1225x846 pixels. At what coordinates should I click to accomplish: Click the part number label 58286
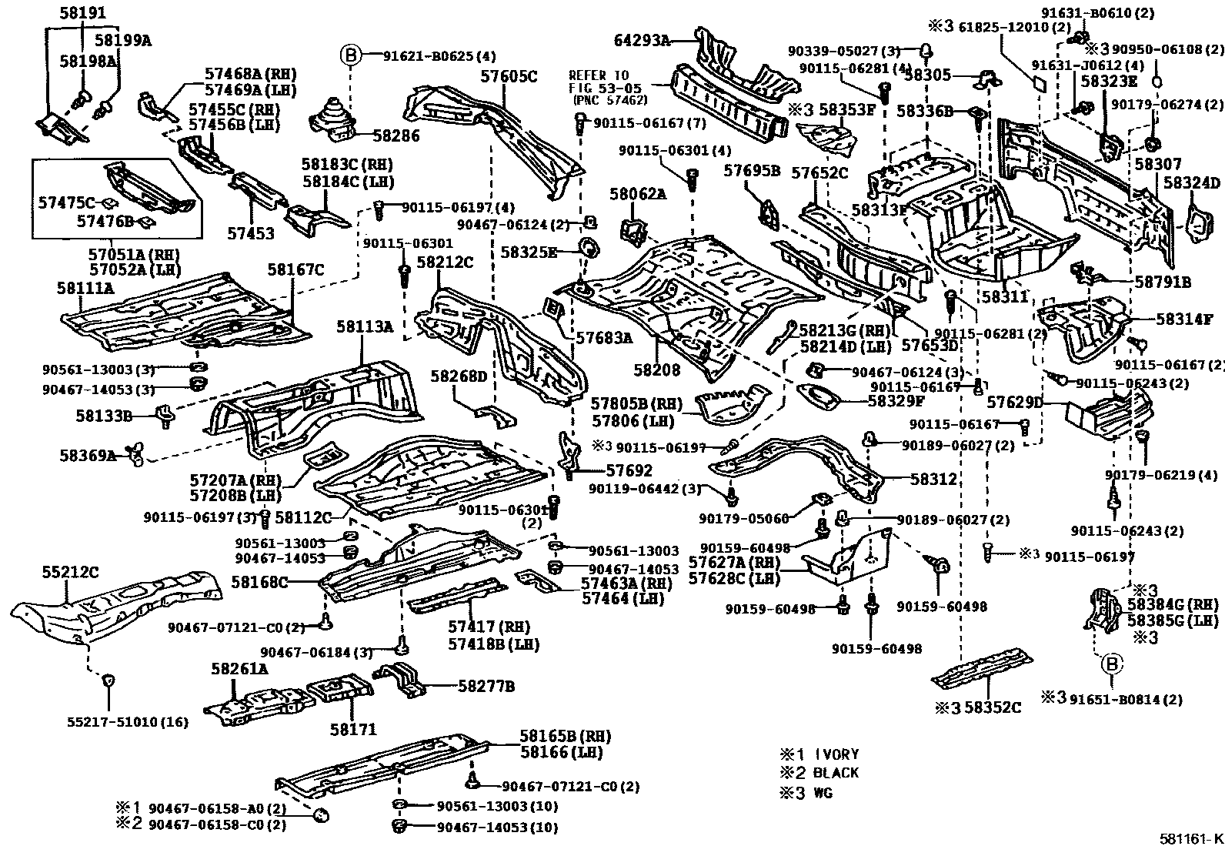(396, 137)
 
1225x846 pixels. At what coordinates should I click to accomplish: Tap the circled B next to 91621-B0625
(350, 55)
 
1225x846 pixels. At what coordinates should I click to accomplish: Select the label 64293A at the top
(642, 41)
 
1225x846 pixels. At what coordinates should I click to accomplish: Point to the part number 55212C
(70, 572)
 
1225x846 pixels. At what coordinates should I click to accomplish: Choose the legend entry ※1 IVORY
(819, 754)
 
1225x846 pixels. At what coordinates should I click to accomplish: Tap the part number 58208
(657, 370)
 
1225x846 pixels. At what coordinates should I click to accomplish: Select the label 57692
(629, 471)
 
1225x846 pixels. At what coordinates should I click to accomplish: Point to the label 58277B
(486, 685)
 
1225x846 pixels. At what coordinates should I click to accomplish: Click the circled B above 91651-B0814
(1112, 664)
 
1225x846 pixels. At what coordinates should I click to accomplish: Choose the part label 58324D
(1192, 183)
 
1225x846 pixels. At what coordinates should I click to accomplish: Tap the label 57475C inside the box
(66, 203)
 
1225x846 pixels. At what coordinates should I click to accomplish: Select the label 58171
(353, 729)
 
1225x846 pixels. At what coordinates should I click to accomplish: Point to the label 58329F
(896, 400)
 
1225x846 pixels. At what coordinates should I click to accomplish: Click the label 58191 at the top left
(82, 14)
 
